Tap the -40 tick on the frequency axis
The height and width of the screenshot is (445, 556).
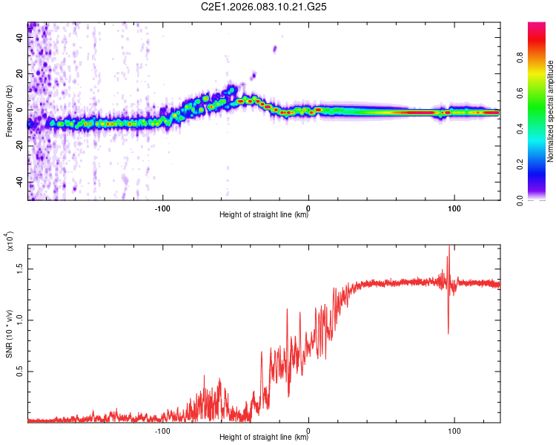click(x=18, y=182)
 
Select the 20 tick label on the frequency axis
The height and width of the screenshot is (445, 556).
click(x=19, y=74)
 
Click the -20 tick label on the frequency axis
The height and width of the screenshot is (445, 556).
click(x=18, y=146)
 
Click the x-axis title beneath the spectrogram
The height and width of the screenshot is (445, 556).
click(x=264, y=215)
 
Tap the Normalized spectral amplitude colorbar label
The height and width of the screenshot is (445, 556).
click(x=550, y=111)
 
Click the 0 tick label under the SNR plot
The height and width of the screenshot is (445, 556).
click(x=308, y=429)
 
